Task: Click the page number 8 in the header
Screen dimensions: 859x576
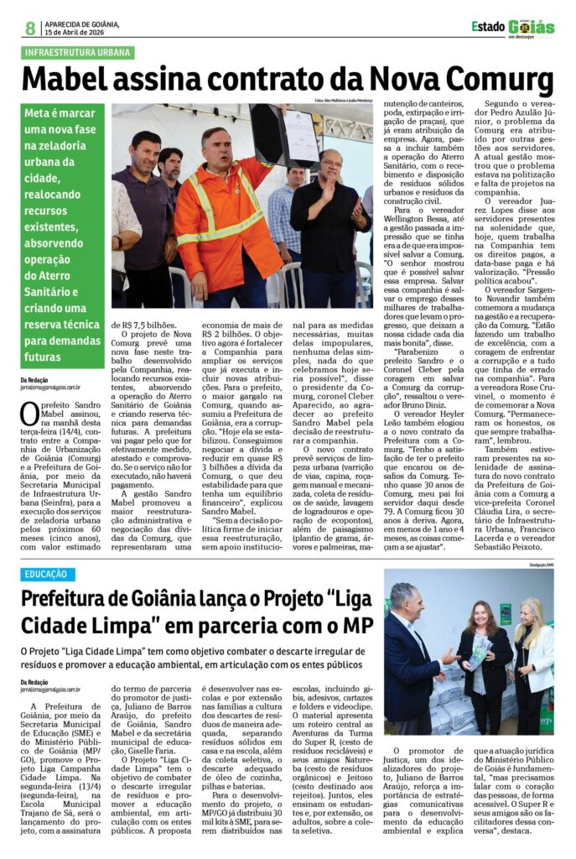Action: [30, 29]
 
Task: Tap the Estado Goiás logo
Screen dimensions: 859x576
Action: [512, 28]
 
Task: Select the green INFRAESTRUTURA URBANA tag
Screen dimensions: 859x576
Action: [77, 52]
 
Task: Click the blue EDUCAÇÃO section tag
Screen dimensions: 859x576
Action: [48, 574]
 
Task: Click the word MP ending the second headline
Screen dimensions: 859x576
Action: [342, 626]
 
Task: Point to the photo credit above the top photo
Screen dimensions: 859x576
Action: [344, 101]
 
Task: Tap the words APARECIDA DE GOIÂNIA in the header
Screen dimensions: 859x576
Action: [82, 24]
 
